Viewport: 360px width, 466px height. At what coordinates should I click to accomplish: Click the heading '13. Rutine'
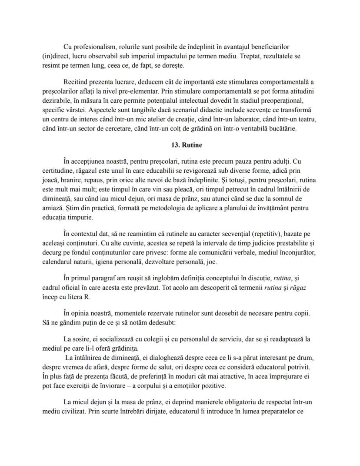[180, 145]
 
